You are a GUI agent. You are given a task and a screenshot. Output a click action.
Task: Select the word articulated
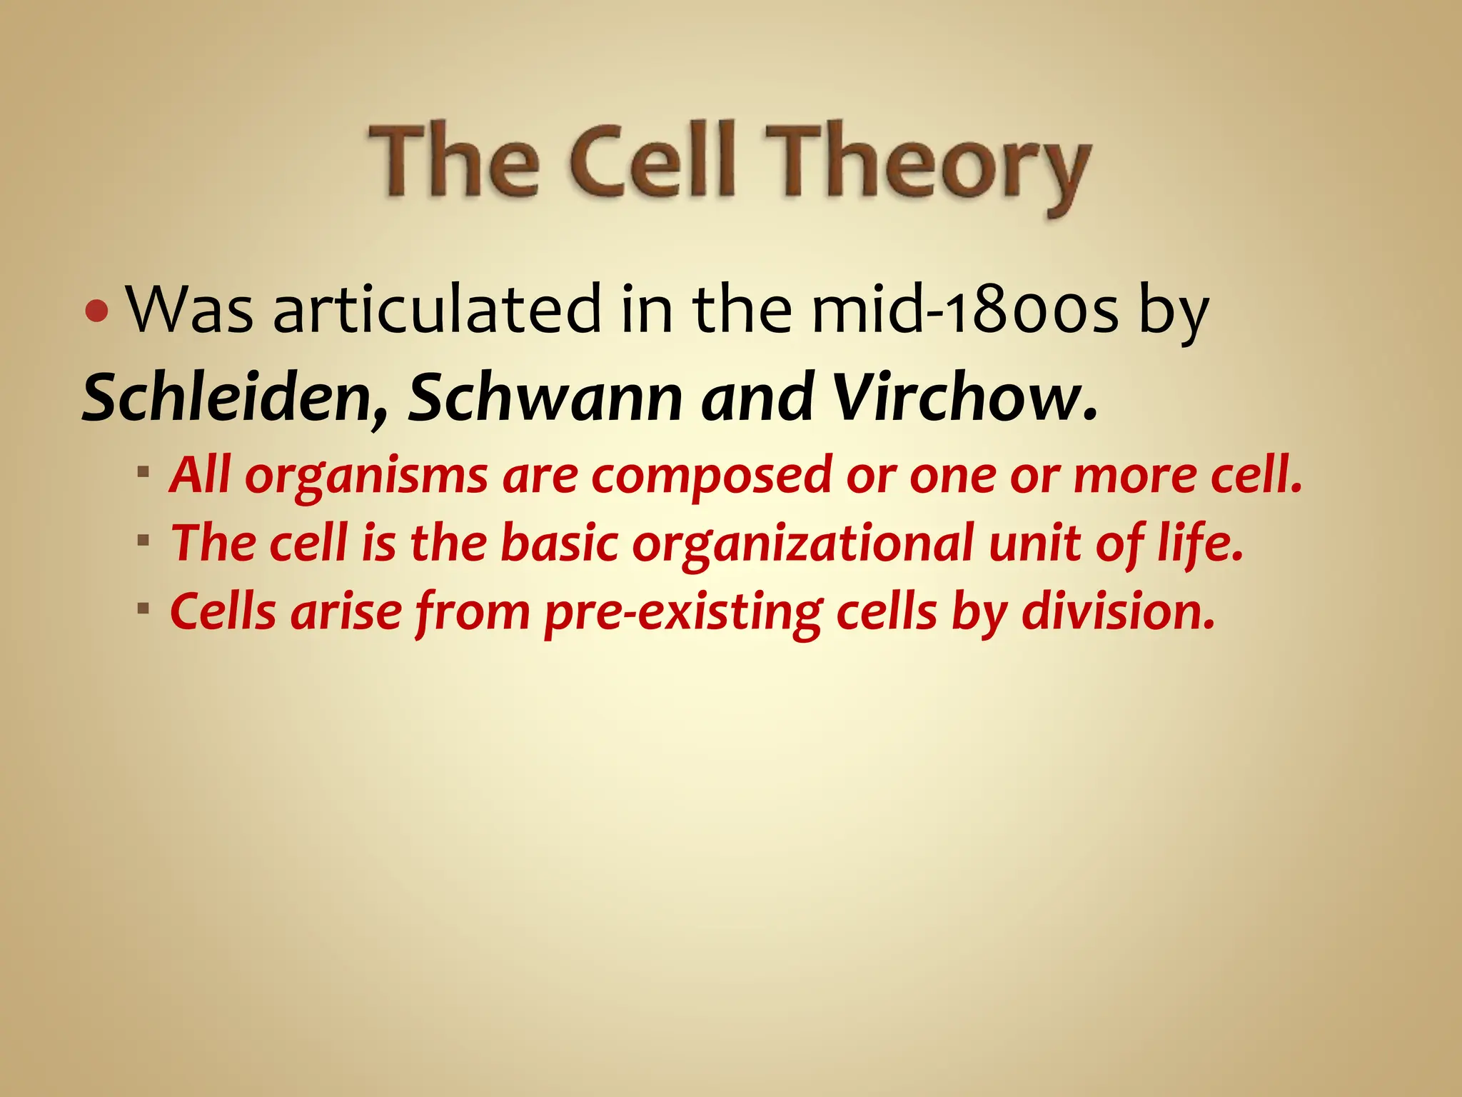(438, 311)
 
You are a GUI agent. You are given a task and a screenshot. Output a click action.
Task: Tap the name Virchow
(964, 398)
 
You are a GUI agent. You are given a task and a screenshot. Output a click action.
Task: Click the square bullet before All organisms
(144, 472)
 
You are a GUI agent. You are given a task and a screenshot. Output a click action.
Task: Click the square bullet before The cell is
(144, 540)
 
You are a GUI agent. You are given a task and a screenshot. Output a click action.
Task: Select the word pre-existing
(681, 613)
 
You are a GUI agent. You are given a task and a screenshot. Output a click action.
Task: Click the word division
(1118, 611)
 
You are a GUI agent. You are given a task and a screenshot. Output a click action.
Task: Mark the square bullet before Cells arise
(144, 608)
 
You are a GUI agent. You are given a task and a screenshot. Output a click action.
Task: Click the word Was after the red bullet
(189, 311)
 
